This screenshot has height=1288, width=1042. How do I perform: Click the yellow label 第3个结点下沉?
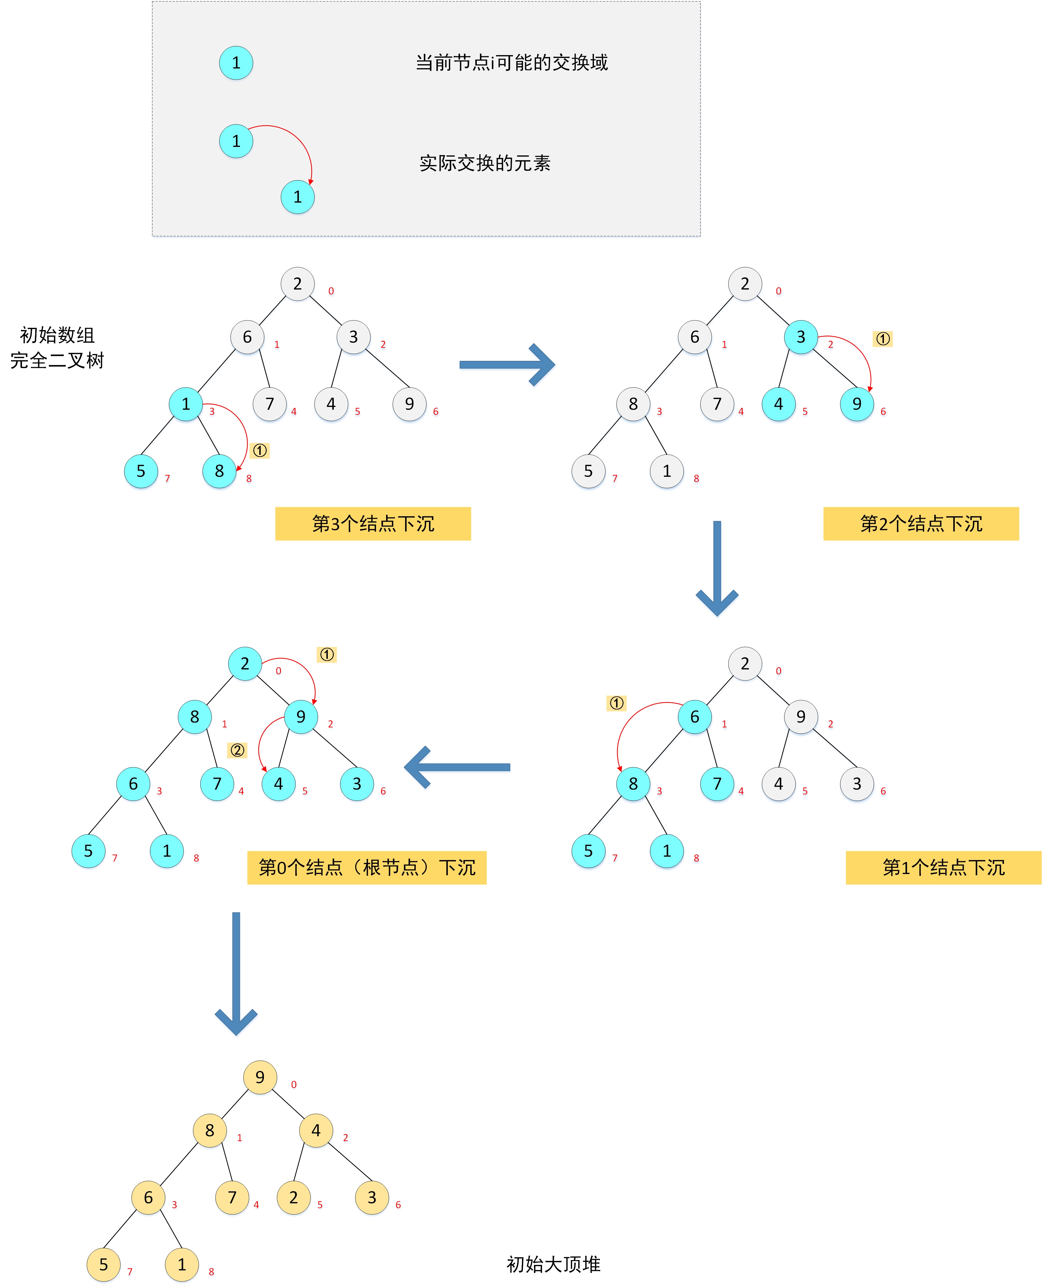(373, 524)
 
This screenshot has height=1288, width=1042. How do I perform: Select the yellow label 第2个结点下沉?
(921, 524)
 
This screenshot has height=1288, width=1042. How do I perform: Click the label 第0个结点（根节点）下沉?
(367, 867)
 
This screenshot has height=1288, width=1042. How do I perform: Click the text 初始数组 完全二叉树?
(57, 348)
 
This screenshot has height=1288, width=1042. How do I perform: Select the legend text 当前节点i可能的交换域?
(511, 63)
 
